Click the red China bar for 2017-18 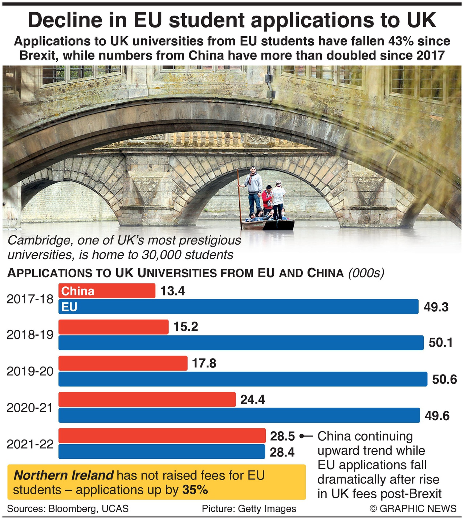pos(107,291)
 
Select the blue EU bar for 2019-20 pos(243,379)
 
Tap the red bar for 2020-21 pos(147,399)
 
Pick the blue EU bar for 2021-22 pos(162,452)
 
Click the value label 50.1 pos(440,343)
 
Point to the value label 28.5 pos(282,436)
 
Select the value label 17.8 pos(204,363)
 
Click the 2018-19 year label pos(30,335)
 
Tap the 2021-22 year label pos(30,444)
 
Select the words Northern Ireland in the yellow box pos(64,475)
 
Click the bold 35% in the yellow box pos(195,490)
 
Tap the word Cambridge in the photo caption pos(39,240)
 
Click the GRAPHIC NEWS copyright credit pos(413,508)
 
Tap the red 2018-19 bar pos(113,327)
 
